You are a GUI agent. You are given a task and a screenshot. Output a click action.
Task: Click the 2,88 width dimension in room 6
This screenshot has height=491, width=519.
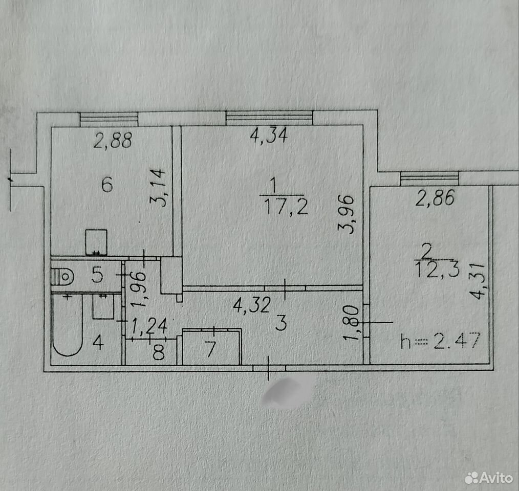[113, 140]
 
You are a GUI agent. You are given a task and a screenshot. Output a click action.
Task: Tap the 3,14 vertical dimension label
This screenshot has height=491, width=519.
[158, 188]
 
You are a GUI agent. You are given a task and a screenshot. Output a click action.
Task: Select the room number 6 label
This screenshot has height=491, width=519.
[107, 185]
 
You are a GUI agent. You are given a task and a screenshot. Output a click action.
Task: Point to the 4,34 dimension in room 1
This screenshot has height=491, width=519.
[269, 135]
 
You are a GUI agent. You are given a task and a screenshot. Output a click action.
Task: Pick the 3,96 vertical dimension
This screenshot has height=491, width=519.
[346, 215]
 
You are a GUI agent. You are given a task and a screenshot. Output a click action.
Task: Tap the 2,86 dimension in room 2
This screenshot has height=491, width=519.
[435, 198]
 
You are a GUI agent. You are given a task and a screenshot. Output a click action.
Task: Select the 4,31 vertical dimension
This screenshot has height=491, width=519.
[477, 281]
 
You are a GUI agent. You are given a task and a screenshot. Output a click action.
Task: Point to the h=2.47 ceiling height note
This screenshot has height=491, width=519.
[440, 341]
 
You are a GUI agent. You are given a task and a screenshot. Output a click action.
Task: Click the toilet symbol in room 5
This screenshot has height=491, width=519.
[62, 276]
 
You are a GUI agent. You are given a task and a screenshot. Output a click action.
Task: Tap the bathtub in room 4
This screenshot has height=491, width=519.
[67, 325]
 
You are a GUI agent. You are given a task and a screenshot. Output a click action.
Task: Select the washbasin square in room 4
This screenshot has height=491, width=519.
[103, 307]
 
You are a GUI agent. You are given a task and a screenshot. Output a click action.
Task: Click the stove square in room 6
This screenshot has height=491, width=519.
[96, 242]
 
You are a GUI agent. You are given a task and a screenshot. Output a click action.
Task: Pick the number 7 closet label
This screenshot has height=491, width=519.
[210, 349]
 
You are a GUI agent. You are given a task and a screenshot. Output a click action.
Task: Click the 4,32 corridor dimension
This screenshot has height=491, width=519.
[252, 305]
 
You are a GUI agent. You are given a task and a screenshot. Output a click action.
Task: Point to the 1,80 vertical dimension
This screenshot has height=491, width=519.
[351, 322]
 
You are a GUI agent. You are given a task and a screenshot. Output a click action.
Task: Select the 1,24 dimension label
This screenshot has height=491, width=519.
[149, 326]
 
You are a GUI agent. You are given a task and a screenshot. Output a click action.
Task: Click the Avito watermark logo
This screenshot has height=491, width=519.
[489, 478]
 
